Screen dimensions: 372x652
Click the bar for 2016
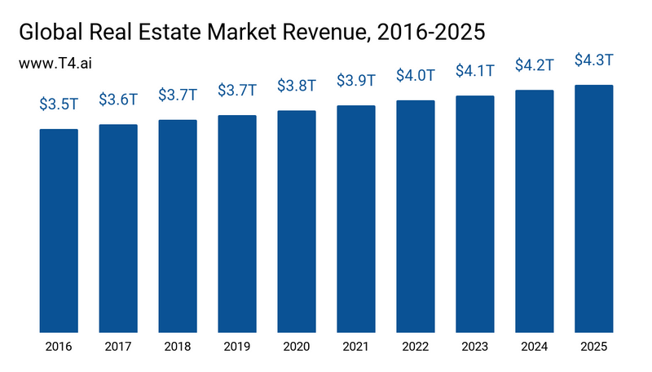[59, 231]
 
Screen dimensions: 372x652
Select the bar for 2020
[297, 221]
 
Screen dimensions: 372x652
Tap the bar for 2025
[593, 209]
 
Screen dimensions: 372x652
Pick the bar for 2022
[416, 216]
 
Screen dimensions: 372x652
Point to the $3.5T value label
[59, 104]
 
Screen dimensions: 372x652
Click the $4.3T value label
[593, 60]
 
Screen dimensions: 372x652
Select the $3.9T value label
[356, 81]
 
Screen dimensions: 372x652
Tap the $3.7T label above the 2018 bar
[178, 95]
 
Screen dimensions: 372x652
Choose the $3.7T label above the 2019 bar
[237, 91]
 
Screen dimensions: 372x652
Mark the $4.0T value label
[416, 76]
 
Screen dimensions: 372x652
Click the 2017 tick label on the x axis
[118, 347]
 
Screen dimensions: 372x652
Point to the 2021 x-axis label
[356, 347]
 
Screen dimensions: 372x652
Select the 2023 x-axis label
[475, 347]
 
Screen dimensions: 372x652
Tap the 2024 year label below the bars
[535, 347]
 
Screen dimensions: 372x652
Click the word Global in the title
[51, 32]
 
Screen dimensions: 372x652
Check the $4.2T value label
[535, 65]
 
